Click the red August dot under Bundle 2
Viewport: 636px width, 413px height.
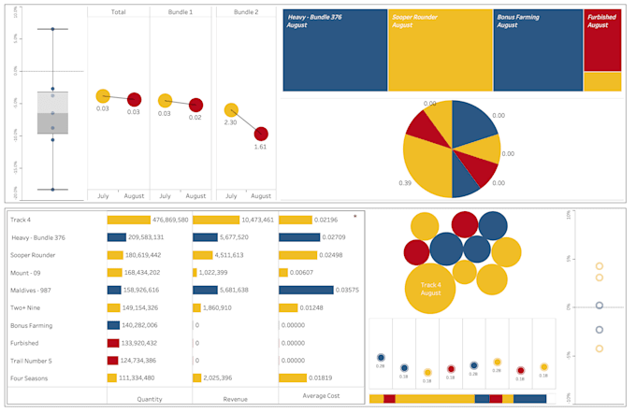pyautogui.click(x=261, y=134)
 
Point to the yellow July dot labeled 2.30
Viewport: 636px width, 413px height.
pyautogui.click(x=230, y=109)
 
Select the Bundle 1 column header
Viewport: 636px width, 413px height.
pyautogui.click(x=180, y=12)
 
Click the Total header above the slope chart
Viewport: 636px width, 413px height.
pyautogui.click(x=119, y=12)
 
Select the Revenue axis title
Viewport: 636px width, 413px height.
pyautogui.click(x=234, y=397)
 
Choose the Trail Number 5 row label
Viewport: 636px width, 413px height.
pyautogui.click(x=33, y=361)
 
